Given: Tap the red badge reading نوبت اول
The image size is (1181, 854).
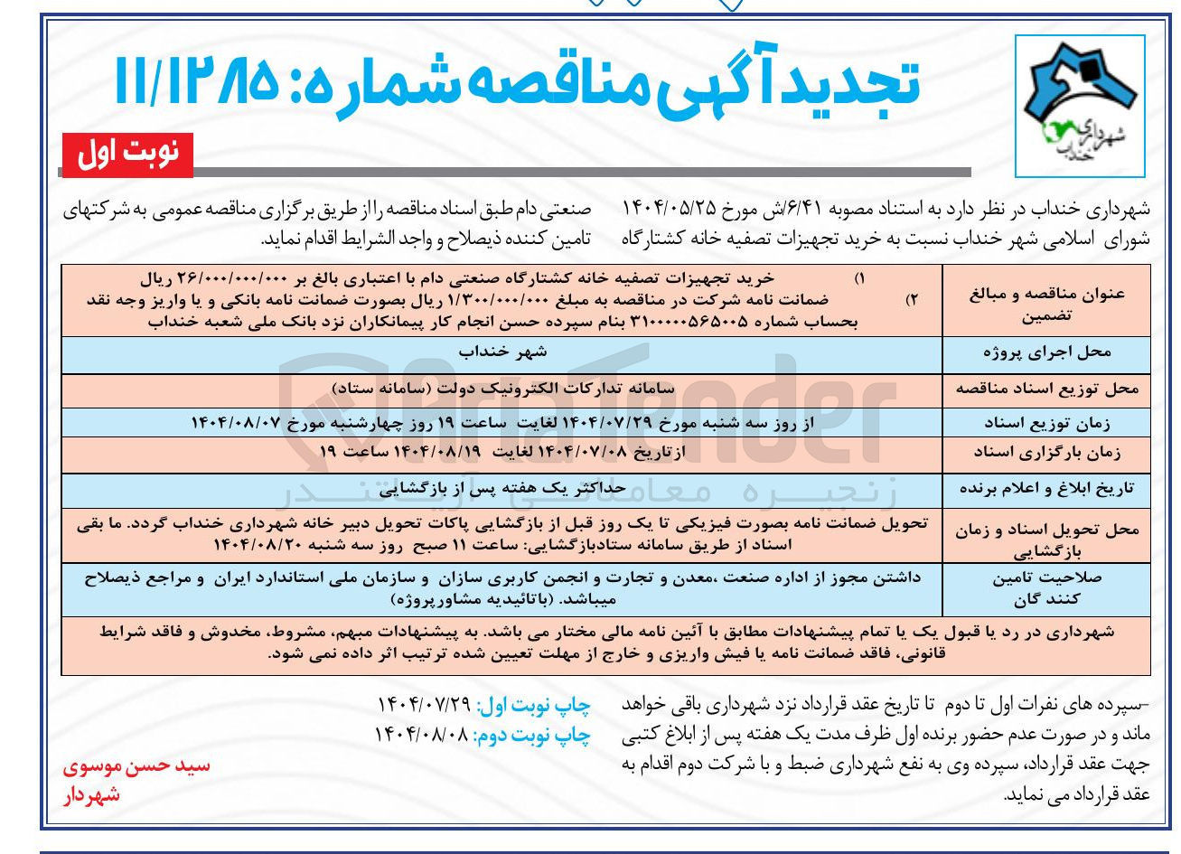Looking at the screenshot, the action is (127, 155).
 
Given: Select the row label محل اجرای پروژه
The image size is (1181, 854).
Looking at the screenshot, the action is (1047, 352).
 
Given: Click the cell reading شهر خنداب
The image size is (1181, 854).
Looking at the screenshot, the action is (502, 351).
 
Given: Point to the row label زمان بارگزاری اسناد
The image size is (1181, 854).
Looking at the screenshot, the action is (1047, 451).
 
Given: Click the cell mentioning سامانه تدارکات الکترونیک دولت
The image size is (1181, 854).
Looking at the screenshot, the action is (502, 388).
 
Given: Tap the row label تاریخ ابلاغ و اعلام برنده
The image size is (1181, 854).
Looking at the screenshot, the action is (1047, 489).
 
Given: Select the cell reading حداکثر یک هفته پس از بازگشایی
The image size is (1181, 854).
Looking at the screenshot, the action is (502, 488).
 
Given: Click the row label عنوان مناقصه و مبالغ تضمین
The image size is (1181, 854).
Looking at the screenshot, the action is (1047, 305).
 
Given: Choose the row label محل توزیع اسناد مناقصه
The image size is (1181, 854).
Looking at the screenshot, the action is (1047, 389).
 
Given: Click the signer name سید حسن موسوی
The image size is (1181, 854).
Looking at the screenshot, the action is (136, 766).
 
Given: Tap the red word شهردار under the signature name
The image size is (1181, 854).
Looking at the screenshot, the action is (91, 794).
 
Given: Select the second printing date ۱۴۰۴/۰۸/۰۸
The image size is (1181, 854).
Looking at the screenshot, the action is (421, 734).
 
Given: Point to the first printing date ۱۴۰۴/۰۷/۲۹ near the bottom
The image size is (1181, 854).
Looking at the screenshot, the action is (421, 705).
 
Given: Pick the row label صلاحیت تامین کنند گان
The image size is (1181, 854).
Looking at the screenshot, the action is (1047, 587).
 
